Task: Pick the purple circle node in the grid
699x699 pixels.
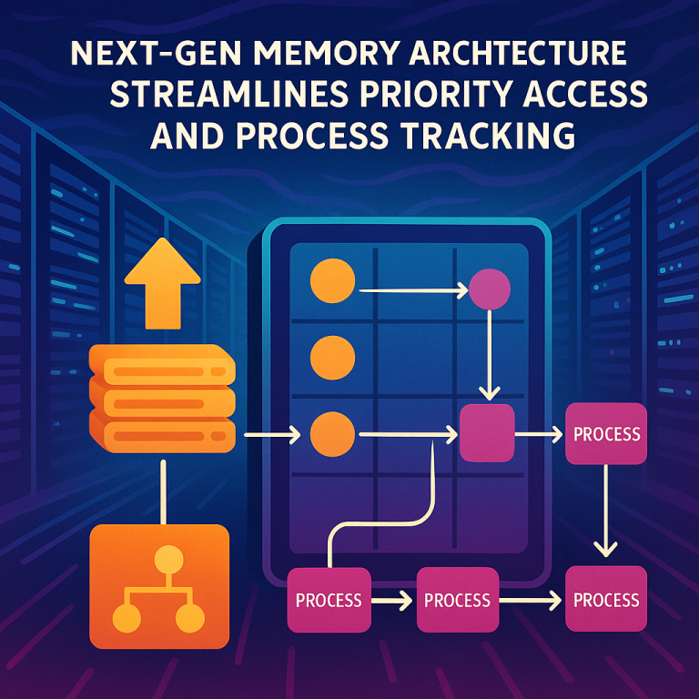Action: [x=490, y=290]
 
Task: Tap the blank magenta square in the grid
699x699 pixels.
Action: [x=487, y=433]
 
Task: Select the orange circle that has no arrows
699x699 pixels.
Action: [x=331, y=357]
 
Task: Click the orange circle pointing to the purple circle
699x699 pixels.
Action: [x=331, y=281]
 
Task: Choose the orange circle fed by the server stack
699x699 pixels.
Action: [x=331, y=433]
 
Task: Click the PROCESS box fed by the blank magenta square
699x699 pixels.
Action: [x=606, y=433]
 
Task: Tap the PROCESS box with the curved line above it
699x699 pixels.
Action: [x=329, y=600]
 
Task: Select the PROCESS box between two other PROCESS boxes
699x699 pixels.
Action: [x=457, y=600]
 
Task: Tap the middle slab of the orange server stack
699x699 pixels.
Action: [x=162, y=400]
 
